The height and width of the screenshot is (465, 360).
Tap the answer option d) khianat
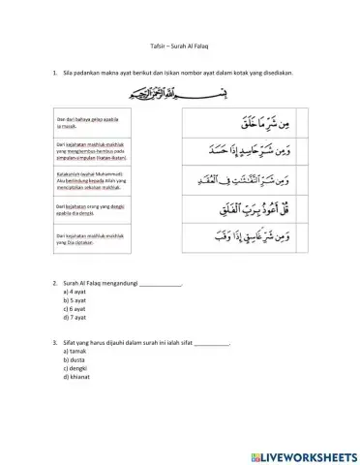pos(76,379)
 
